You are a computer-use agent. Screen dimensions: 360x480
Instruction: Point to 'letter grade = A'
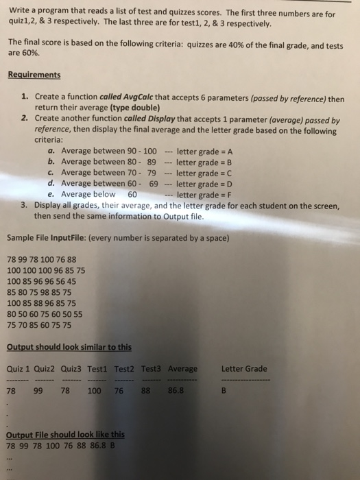(208, 151)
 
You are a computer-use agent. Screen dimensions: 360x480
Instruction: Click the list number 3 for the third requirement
(23, 205)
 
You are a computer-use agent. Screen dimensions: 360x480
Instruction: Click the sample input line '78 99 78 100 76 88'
(42, 259)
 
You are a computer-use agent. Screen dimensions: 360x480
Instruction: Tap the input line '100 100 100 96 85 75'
(46, 270)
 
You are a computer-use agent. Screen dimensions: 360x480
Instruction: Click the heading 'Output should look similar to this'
(69, 346)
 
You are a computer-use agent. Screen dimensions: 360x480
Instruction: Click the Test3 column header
(151, 369)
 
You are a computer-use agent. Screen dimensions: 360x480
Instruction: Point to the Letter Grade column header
(244, 369)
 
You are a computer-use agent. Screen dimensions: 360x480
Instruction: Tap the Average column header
(182, 369)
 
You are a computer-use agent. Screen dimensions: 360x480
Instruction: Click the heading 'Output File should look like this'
(66, 434)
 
